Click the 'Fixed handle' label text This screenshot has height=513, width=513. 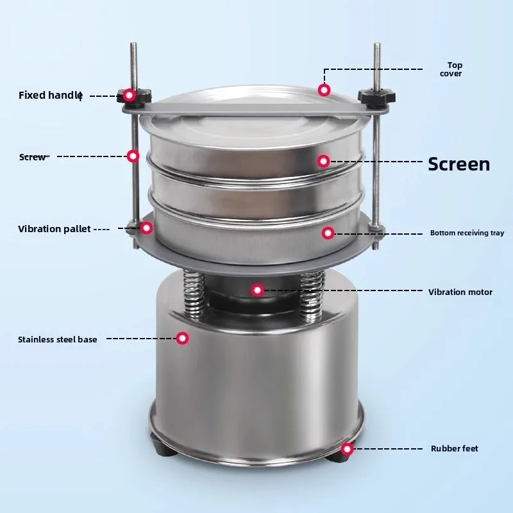pos(51,95)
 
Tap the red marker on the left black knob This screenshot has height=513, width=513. pos(130,95)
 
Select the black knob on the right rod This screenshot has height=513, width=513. pos(376,96)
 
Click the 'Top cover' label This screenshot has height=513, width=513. pos(451,69)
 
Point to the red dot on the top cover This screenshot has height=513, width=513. pos(324,90)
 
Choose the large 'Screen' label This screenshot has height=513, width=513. pos(459,164)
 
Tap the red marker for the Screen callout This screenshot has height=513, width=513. pos(324,161)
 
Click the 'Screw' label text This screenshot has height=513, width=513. pos(33,157)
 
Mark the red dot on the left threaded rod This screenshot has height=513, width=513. pos(133,156)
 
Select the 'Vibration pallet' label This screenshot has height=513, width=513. pos(55,229)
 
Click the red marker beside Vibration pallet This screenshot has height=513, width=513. pos(147,228)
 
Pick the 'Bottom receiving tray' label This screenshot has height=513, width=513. pos(467,233)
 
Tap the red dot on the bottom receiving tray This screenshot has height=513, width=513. pos(328,233)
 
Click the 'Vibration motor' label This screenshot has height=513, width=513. pos(460,292)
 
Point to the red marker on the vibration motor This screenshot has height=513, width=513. pos(258,290)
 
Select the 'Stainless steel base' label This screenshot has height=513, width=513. pos(58,339)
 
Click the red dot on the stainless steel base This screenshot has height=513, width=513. pos(182,338)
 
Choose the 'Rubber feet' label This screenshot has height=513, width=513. pos(455,448)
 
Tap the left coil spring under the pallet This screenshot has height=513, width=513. pos(194,295)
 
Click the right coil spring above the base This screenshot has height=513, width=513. pos(312,296)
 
